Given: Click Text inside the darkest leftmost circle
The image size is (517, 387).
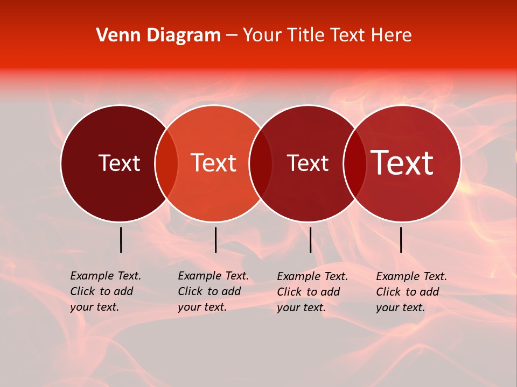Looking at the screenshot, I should pos(119,163).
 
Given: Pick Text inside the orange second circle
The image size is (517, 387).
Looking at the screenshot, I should pos(213,163).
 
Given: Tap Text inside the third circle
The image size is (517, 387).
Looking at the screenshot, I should pos(308,163).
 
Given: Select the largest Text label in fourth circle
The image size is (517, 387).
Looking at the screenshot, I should pos(402,163).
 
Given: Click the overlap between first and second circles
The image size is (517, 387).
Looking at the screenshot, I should pos(166,163).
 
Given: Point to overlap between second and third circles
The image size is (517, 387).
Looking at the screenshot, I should pos(261,163).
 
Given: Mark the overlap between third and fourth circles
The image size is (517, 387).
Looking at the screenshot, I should pos(355,163).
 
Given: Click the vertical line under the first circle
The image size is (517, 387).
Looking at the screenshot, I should pos(121,240).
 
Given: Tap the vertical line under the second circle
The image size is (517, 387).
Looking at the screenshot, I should pos(215,240).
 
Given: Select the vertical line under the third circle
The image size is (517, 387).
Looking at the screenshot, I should pos(310,240).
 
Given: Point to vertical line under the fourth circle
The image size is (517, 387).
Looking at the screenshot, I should pos(401,240).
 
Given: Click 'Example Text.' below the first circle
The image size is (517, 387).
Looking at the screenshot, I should pos(106,276).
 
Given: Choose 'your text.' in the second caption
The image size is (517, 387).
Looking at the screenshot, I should pos(202,307).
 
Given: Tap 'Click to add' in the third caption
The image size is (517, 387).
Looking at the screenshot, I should pos(309,292).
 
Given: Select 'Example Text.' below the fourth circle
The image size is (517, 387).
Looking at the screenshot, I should pos(411,276).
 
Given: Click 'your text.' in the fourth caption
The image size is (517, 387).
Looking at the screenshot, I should pos(400,307).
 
